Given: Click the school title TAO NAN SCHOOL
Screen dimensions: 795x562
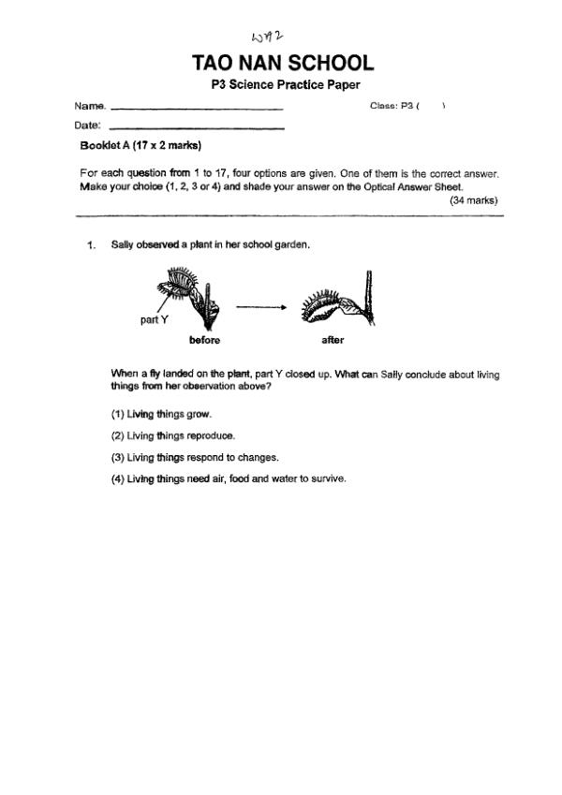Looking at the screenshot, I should click(282, 64).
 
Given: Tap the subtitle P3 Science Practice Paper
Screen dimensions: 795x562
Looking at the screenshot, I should click(282, 85).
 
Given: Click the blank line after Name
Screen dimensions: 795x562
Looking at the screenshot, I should click(197, 108).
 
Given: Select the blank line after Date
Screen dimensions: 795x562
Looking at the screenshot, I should click(197, 126).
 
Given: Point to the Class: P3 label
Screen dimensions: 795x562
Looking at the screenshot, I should click(393, 106).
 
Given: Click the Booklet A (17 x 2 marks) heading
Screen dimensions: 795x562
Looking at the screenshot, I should click(141, 146).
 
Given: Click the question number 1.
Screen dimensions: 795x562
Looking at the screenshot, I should click(91, 245).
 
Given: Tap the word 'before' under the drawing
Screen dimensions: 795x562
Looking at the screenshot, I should click(204, 341).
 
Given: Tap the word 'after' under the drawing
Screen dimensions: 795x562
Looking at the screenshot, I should click(333, 341).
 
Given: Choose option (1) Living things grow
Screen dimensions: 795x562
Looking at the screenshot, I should click(162, 414).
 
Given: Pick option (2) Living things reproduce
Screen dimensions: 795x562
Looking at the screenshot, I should click(173, 435).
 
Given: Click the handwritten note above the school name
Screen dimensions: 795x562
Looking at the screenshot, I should click(267, 37).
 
